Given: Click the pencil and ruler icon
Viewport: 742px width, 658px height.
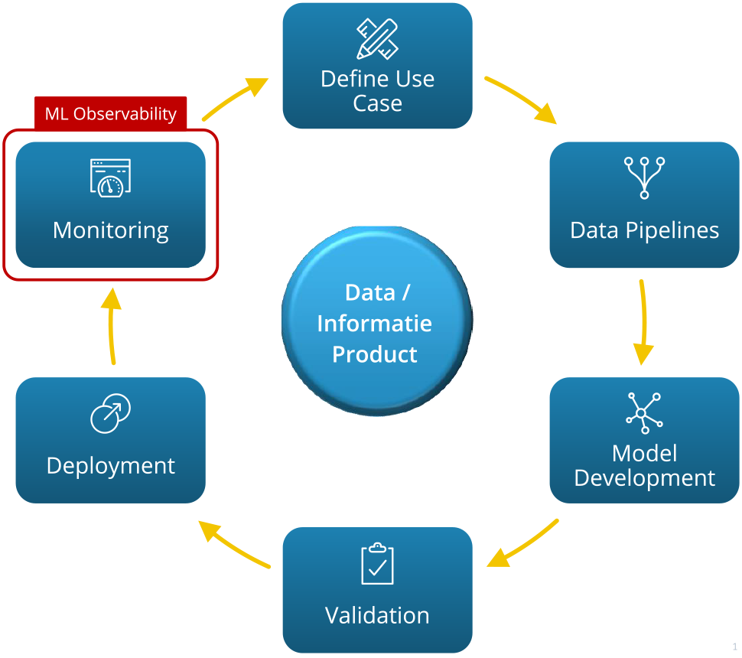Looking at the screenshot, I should (377, 38).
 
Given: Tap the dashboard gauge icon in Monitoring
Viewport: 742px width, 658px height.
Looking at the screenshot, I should (110, 178).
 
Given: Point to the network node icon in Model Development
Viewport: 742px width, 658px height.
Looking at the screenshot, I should (644, 413).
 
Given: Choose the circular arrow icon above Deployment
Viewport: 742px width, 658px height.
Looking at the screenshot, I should (110, 414).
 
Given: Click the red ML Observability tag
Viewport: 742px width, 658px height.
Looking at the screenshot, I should (111, 114).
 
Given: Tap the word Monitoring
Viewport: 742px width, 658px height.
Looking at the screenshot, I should (111, 230).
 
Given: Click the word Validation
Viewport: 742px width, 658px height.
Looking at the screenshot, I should (377, 616).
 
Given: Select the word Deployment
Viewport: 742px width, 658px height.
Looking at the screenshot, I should (111, 466).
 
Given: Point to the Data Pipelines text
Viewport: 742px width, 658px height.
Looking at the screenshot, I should (644, 230).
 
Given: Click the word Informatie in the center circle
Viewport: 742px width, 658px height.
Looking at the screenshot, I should (375, 324).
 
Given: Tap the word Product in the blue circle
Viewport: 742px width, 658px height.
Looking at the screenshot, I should (375, 355).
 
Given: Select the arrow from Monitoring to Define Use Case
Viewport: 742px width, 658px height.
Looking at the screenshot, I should (235, 98).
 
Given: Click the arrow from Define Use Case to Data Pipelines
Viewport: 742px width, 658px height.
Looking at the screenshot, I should (521, 99).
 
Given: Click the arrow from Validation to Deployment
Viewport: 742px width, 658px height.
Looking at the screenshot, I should (234, 545).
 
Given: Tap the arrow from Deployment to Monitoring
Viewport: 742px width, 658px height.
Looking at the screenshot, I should (112, 325).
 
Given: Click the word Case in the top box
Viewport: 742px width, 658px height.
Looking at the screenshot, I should (377, 104).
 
